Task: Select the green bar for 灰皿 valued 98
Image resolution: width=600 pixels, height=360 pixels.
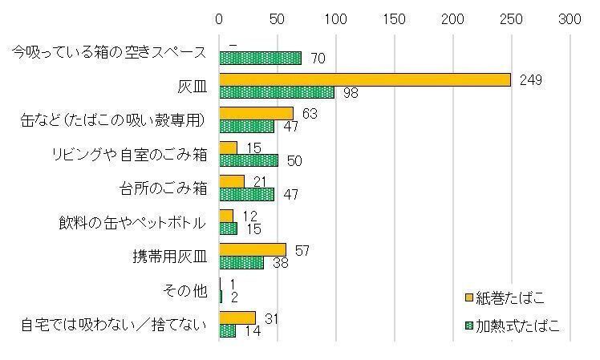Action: [276, 92]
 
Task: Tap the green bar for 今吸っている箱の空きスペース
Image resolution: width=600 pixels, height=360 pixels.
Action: [260, 58]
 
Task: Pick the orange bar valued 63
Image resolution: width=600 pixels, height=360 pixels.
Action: [256, 114]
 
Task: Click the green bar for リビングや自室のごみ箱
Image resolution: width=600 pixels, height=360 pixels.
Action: [248, 160]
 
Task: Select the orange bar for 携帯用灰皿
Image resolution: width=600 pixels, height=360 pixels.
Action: [252, 250]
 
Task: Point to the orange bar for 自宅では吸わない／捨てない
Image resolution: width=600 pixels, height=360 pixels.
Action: [237, 318]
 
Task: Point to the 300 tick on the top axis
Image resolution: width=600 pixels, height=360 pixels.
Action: [570, 18]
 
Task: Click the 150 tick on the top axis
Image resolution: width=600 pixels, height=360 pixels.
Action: [395, 18]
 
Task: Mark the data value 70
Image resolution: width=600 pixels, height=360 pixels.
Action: [316, 59]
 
